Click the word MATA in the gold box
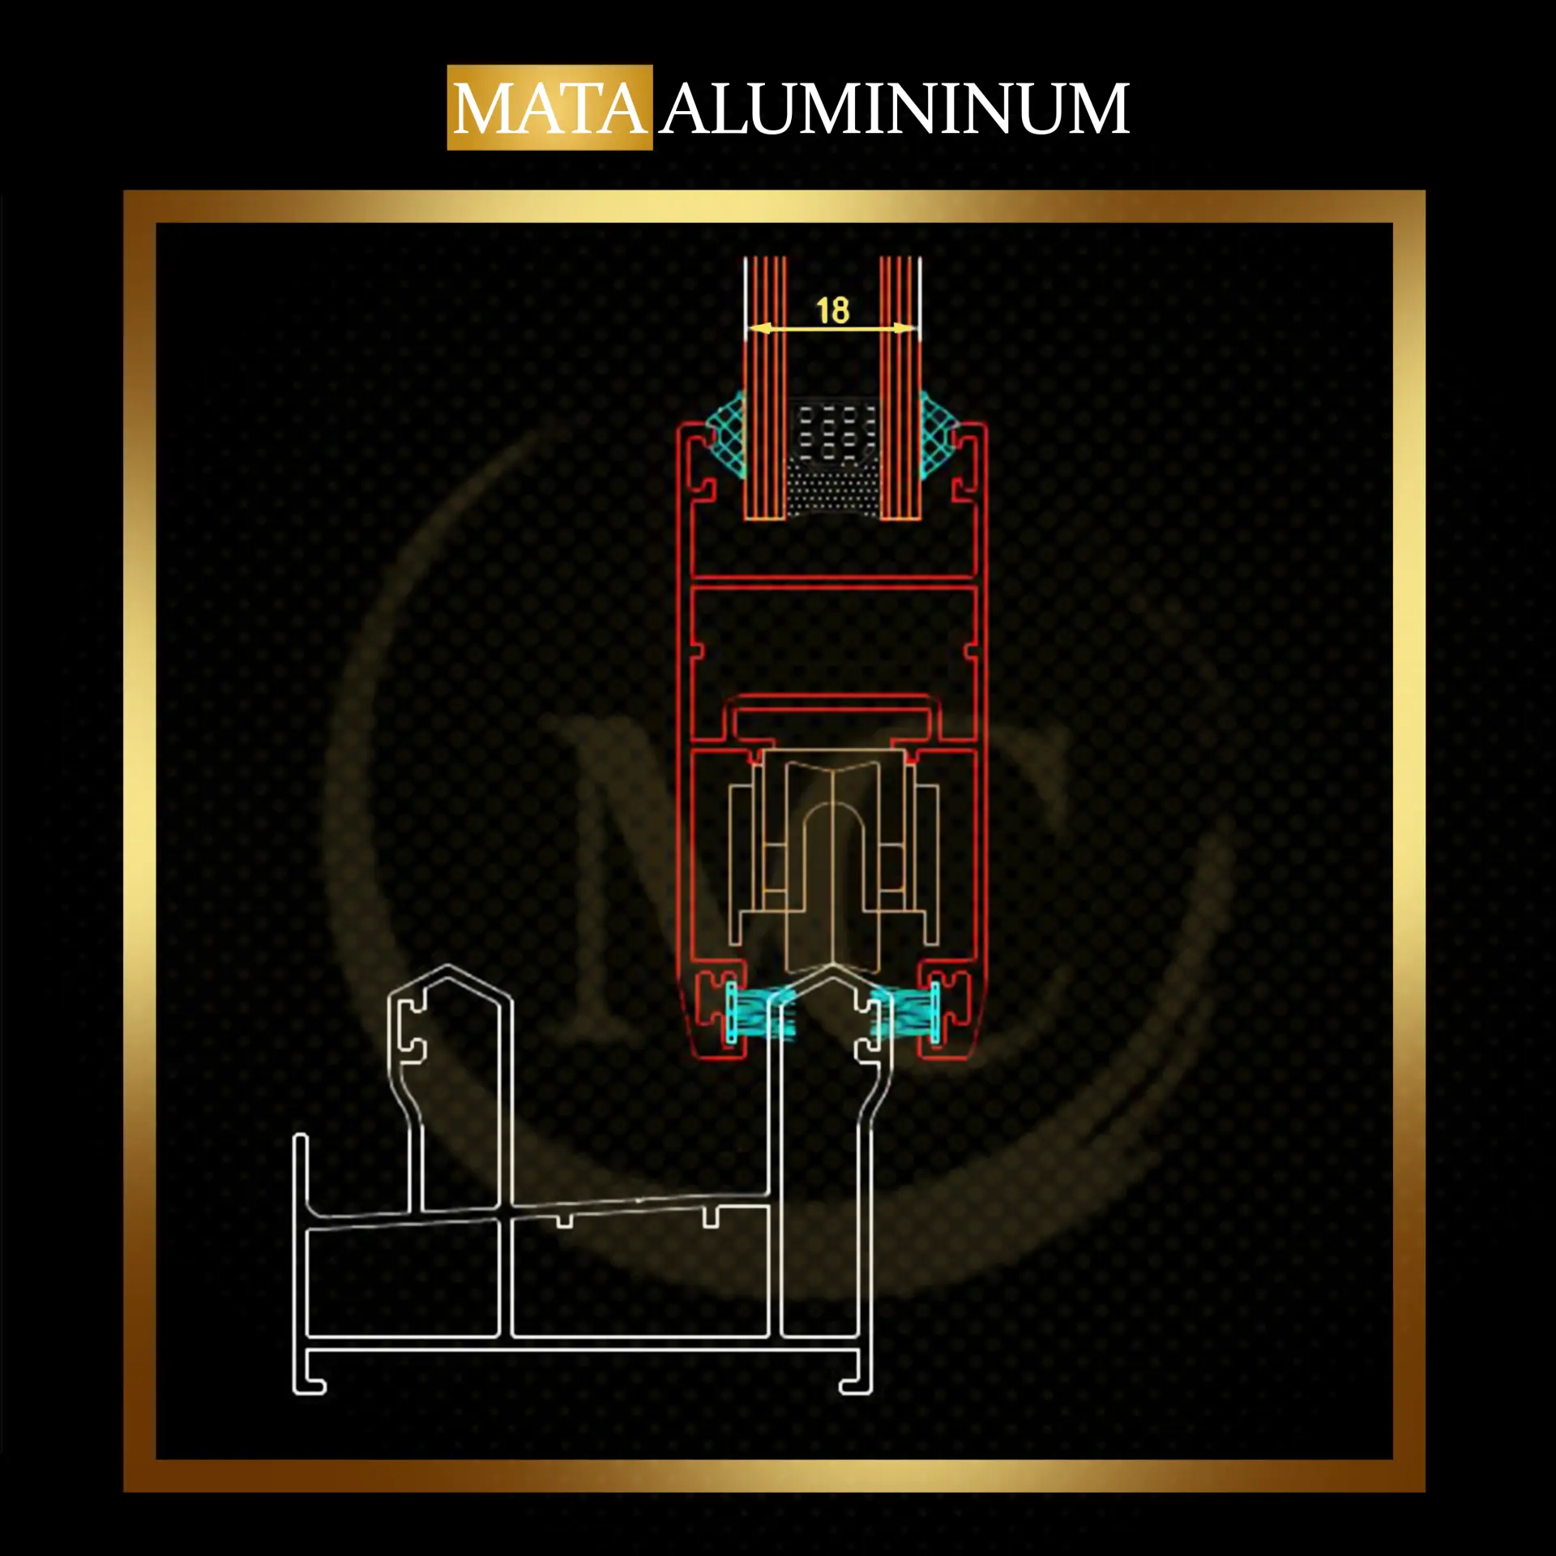click(550, 109)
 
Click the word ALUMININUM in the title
click(895, 109)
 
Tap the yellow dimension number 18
click(832, 310)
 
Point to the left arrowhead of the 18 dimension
click(756, 328)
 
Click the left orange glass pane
click(766, 388)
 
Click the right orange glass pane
click(900, 388)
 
